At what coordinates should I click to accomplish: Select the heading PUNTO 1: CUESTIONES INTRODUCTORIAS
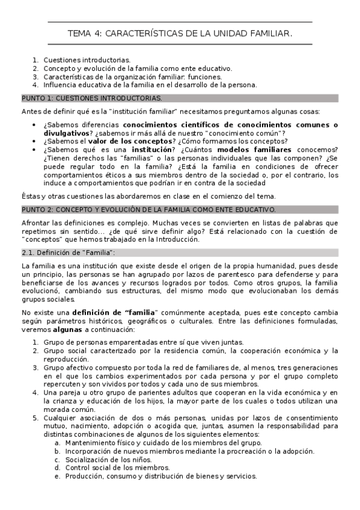pyautogui.click(x=92, y=97)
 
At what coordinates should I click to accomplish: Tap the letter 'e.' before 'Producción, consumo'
pyautogui.click(x=57, y=476)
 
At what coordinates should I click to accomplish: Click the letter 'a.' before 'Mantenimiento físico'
pyautogui.click(x=57, y=443)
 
